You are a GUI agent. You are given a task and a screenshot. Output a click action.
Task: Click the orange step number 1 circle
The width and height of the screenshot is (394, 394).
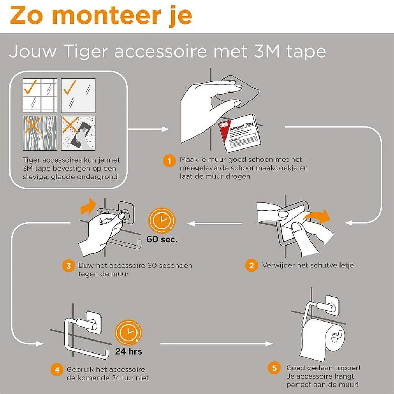169,161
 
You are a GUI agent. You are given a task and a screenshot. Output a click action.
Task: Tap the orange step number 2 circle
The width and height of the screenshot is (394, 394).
252,265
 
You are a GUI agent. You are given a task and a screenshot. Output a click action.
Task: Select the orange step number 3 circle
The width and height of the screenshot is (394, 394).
69,266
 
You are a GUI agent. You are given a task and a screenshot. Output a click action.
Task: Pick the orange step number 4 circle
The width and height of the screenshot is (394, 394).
57,370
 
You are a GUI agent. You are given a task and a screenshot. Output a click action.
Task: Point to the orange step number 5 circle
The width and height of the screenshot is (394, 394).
274,368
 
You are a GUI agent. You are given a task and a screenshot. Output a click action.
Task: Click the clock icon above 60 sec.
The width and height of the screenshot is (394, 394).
161,220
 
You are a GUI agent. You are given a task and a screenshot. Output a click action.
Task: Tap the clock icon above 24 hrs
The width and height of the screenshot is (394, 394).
128,332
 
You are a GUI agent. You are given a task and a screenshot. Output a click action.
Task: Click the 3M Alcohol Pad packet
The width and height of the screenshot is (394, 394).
240,133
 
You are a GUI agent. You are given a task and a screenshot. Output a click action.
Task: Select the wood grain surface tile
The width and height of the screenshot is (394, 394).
40,133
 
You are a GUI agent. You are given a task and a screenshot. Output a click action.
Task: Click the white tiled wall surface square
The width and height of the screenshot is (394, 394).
40,95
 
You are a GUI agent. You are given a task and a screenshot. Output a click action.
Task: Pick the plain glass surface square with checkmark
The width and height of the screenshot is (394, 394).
78,95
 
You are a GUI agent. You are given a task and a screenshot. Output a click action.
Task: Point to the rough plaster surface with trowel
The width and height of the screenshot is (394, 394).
78,133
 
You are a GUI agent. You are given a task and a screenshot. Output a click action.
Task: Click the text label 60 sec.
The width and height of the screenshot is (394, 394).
162,239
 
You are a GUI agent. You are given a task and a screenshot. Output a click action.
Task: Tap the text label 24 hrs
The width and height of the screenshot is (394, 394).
129,351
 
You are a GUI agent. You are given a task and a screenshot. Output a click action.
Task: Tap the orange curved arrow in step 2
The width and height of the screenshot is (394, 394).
318,216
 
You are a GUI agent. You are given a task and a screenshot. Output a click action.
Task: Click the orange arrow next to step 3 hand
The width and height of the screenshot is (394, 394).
88,206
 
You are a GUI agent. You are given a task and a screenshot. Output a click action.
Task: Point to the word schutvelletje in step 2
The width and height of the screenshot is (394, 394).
332,265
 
